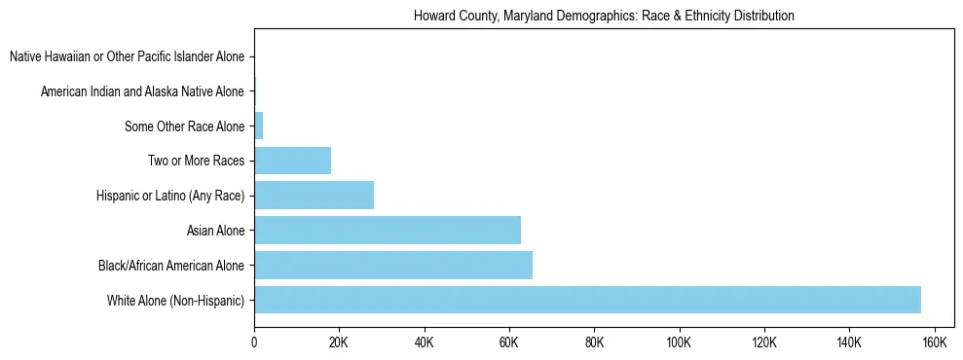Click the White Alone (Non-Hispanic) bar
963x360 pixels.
click(587, 300)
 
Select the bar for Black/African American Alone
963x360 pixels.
click(393, 265)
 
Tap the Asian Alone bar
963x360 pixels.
click(388, 231)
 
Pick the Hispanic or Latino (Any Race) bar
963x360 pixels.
click(314, 196)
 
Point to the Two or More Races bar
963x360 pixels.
click(292, 161)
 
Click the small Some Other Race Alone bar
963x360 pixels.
click(259, 126)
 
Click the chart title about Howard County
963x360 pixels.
click(604, 17)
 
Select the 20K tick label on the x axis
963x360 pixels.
click(339, 342)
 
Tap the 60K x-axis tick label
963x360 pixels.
click(509, 342)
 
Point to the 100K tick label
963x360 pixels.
click(679, 342)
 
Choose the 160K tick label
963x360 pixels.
click(934, 342)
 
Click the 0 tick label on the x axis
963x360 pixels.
click(254, 342)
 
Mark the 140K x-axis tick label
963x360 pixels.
click(849, 342)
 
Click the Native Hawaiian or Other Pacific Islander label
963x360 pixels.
click(127, 57)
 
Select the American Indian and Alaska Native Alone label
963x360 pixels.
click(142, 91)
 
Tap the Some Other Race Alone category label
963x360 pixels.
click(185, 126)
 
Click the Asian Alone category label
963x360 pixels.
click(215, 231)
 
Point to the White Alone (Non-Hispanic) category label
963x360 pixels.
click(175, 300)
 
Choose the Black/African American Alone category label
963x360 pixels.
click(171, 265)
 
